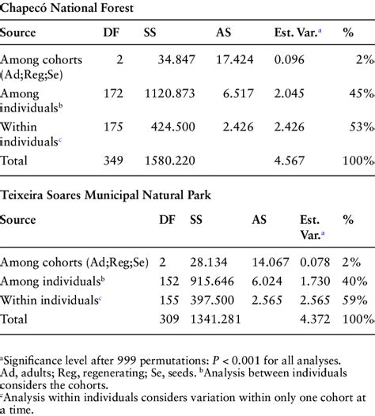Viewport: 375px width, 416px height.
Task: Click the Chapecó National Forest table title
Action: (66, 8)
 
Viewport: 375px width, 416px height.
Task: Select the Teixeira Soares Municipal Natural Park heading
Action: (105, 195)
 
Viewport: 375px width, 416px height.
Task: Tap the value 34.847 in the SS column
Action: (176, 59)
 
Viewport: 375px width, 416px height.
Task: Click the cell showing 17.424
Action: (235, 59)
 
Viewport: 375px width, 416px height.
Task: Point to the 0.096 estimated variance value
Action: (289, 59)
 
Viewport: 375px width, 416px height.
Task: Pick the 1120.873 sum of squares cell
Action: (170, 93)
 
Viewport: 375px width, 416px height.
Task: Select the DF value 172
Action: (113, 93)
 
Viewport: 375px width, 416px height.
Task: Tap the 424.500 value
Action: (173, 127)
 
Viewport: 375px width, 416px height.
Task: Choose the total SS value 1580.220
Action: (170, 161)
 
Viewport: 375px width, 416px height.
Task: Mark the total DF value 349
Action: (113, 161)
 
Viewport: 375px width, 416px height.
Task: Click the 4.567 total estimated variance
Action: (289, 161)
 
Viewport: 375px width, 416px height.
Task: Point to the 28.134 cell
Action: (209, 263)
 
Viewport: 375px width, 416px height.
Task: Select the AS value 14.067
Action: (270, 263)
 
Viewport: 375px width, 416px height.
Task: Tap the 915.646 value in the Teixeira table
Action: (212, 282)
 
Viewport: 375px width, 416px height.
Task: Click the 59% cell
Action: (355, 301)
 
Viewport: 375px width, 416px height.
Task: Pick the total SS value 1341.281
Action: (215, 320)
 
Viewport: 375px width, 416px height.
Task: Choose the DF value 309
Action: (169, 320)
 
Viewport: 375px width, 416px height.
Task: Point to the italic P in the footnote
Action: (216, 361)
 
